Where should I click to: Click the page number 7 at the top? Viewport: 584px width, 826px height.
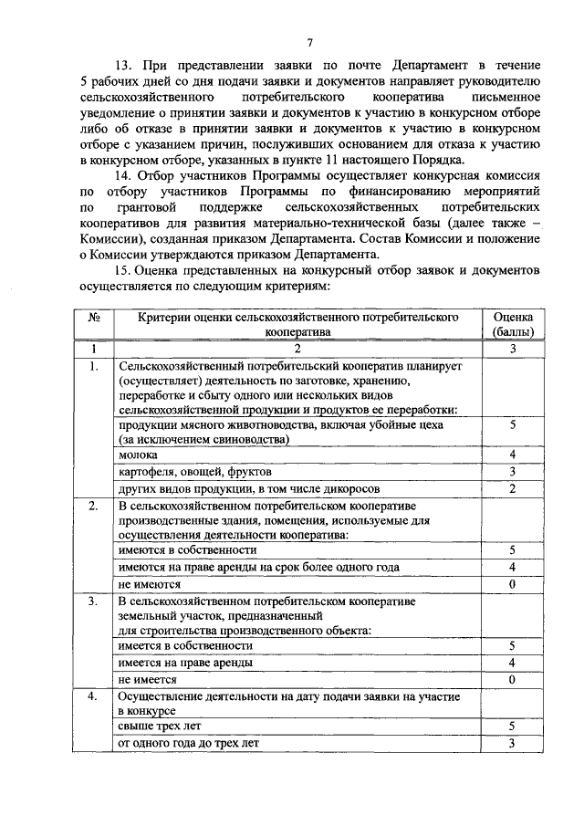pyautogui.click(x=310, y=42)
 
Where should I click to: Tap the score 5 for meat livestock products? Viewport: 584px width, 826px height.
pyautogui.click(x=513, y=424)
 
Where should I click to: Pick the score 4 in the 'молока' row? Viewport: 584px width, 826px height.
pyautogui.click(x=513, y=455)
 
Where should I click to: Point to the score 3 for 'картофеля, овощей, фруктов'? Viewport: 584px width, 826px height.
pyautogui.click(x=513, y=472)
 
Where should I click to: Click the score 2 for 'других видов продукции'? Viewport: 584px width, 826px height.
pyautogui.click(x=513, y=489)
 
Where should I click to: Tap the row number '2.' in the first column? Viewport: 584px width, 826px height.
pyautogui.click(x=93, y=506)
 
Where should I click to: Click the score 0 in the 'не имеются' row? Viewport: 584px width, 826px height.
pyautogui.click(x=513, y=584)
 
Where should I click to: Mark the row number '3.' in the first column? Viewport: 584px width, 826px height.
pyautogui.click(x=93, y=601)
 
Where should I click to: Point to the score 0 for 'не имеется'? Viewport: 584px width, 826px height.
pyautogui.click(x=513, y=680)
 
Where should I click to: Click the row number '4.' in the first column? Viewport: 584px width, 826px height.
pyautogui.click(x=93, y=696)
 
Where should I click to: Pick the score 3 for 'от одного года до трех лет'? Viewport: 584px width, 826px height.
pyautogui.click(x=513, y=743)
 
